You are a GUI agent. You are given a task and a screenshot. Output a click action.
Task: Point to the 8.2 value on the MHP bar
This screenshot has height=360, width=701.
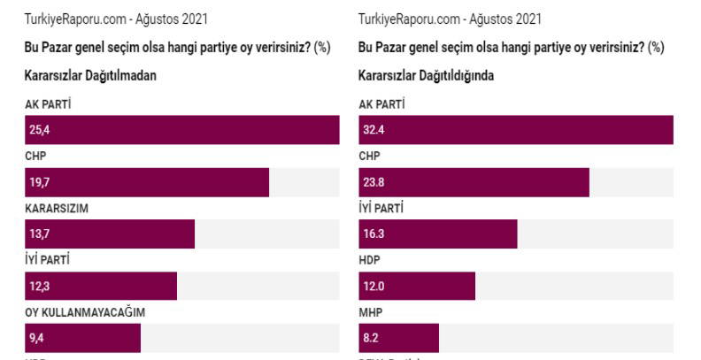pyautogui.click(x=369, y=338)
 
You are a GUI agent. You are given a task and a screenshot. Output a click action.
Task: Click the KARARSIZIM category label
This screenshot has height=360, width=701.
pyautogui.click(x=58, y=209)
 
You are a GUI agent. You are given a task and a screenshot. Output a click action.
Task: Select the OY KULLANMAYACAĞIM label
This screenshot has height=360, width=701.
pyautogui.click(x=84, y=312)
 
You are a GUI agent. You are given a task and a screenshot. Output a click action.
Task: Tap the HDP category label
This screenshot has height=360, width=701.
pyautogui.click(x=370, y=261)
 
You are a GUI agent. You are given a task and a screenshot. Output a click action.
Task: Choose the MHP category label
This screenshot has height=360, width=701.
pyautogui.click(x=371, y=312)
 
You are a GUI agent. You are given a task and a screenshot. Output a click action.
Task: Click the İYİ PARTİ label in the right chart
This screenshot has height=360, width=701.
pyautogui.click(x=381, y=209)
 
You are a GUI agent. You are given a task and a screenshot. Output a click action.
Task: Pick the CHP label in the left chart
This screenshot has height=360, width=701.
pyautogui.click(x=35, y=157)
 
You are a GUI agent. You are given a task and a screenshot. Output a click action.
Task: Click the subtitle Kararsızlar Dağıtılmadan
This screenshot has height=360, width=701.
pyautogui.click(x=90, y=76)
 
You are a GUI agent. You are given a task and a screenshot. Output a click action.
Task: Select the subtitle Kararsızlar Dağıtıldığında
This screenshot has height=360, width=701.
pyautogui.click(x=426, y=76)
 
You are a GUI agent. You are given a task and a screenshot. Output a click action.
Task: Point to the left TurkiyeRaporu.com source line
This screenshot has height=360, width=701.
pyautogui.click(x=117, y=19)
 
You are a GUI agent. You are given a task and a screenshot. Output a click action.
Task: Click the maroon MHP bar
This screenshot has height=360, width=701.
pyautogui.click(x=398, y=338)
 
